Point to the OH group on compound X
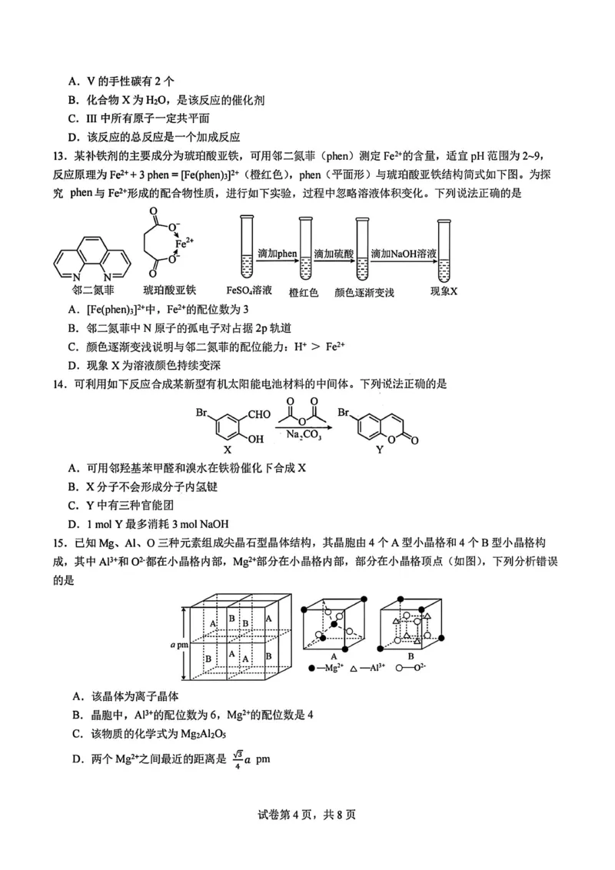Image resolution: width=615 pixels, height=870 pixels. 254,439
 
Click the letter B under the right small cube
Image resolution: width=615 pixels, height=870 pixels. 411,656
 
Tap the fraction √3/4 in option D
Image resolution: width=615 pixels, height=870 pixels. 239,758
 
